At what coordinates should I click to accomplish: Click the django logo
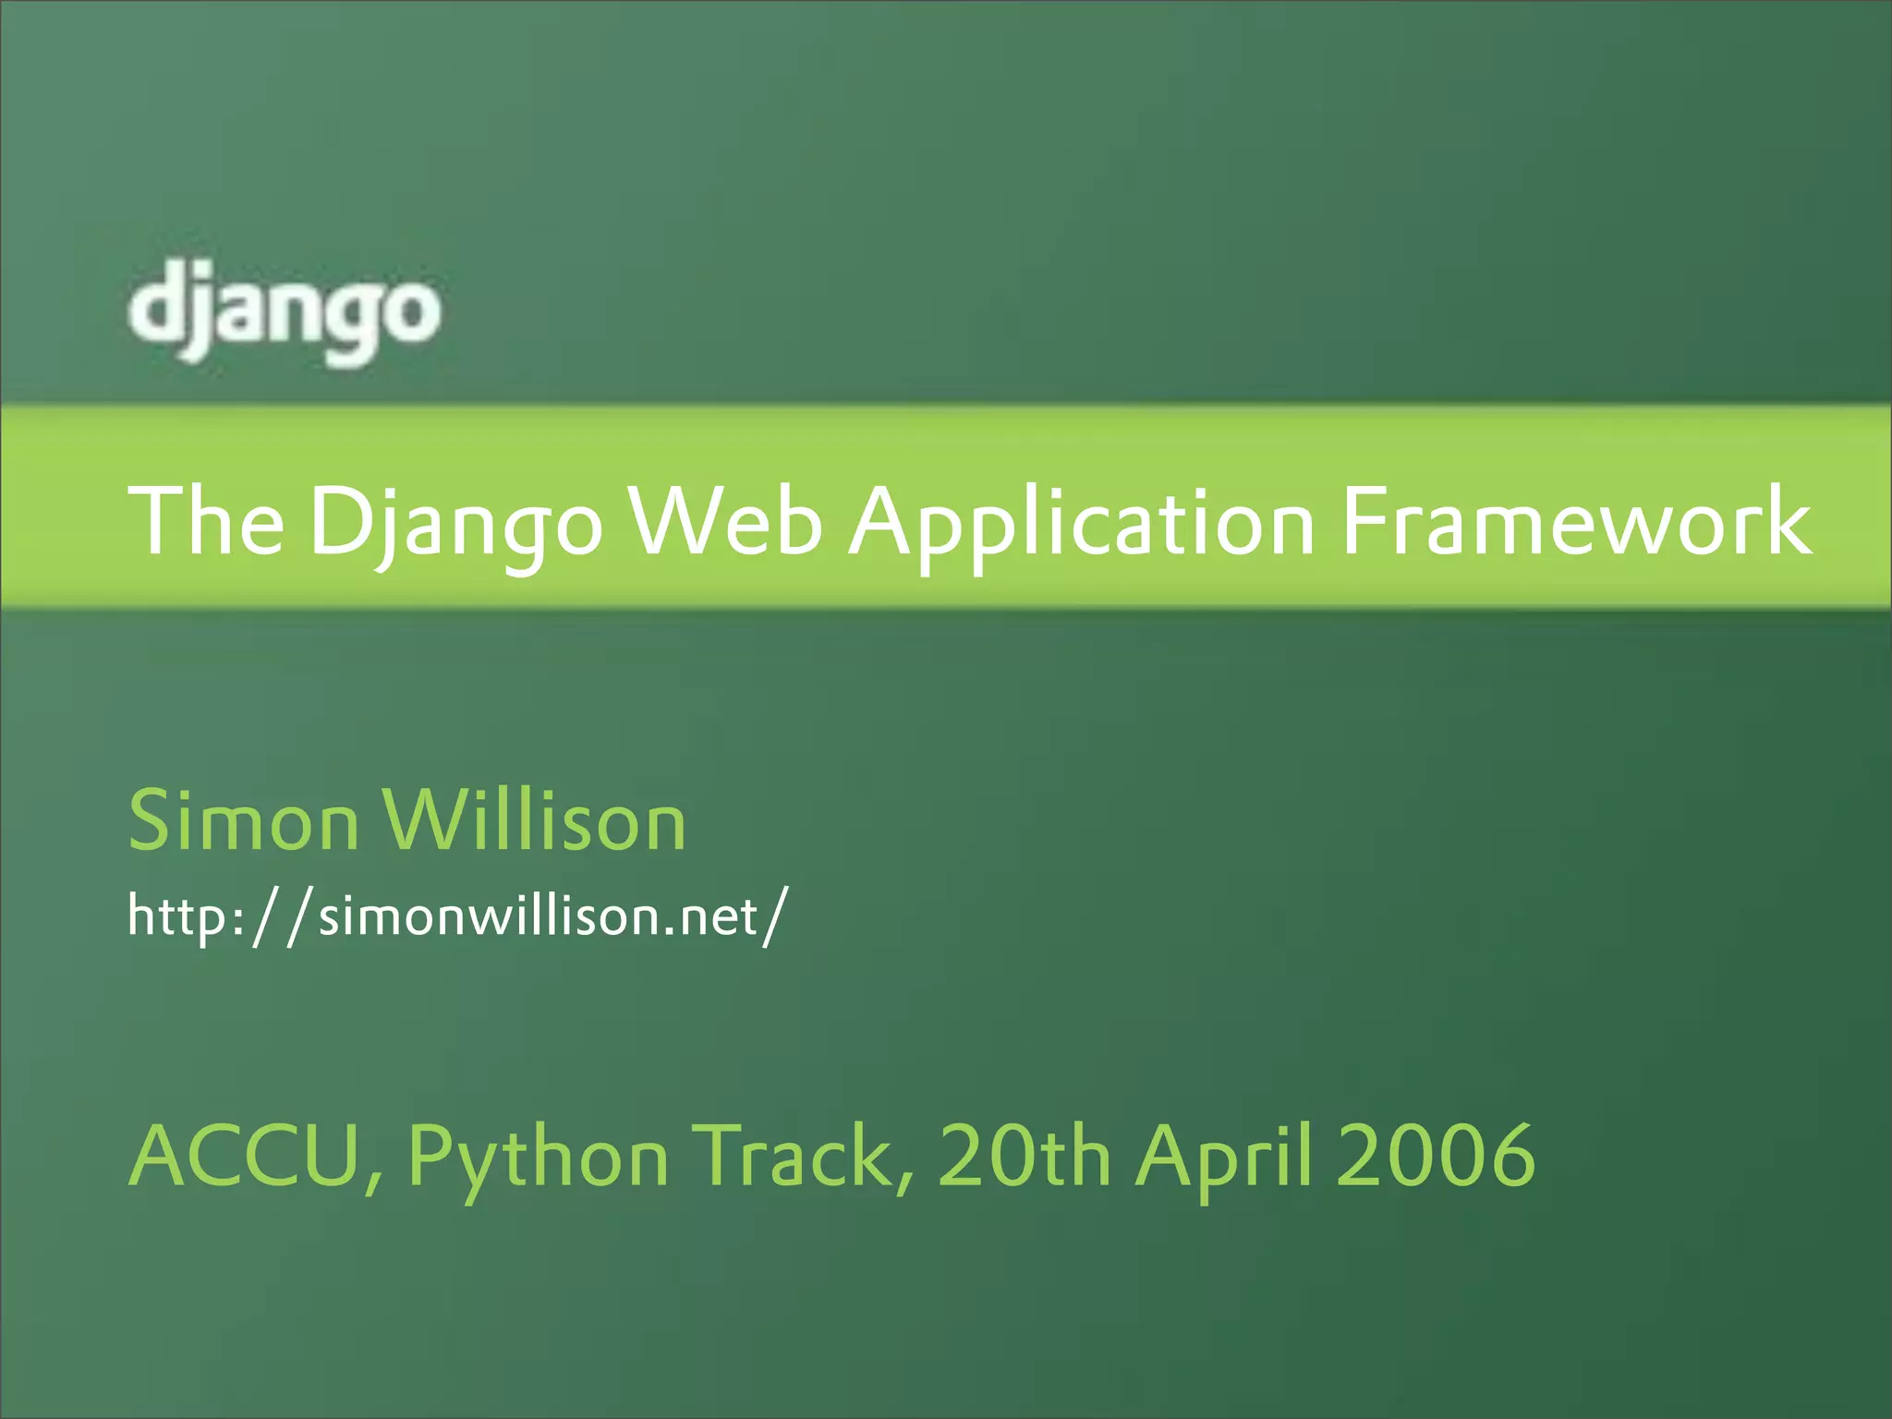coord(285,310)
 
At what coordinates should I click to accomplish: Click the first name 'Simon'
coord(243,820)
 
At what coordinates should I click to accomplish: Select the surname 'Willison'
coord(535,820)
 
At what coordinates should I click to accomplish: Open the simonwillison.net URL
coord(457,916)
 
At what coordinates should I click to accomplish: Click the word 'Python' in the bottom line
coord(538,1158)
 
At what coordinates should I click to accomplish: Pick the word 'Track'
coord(802,1157)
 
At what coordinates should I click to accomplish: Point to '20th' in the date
coord(1024,1157)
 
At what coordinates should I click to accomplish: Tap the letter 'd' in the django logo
coord(157,300)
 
